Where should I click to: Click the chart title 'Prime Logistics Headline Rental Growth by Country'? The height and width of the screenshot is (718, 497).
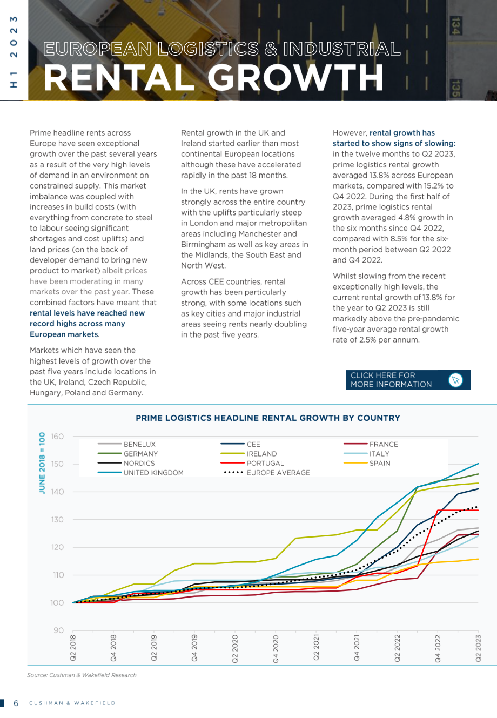tap(268, 418)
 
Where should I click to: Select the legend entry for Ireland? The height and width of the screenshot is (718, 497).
tap(249, 454)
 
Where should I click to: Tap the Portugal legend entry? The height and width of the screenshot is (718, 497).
tap(252, 463)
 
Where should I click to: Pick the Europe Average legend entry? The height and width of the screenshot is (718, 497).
tap(267, 473)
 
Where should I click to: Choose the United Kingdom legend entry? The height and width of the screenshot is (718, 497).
tap(140, 473)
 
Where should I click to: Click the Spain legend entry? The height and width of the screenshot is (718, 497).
tap(367, 463)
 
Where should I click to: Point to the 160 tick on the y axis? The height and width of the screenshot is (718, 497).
tap(57, 436)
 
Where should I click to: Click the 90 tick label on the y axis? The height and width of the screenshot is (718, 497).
tap(59, 630)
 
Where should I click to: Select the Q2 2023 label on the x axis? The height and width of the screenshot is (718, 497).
tap(478, 648)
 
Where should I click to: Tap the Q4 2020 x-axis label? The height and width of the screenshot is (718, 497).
tap(276, 648)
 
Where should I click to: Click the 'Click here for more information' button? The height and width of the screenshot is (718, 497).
tap(408, 380)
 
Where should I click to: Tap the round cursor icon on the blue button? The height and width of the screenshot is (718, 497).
tap(455, 380)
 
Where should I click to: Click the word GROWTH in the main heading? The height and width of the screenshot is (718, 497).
tap(295, 78)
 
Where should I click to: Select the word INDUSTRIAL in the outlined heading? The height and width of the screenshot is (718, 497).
tap(342, 49)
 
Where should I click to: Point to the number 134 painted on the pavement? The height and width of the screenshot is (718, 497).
tap(455, 25)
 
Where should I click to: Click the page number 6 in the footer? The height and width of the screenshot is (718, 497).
tap(16, 703)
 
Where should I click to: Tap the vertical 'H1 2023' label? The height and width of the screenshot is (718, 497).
tap(14, 52)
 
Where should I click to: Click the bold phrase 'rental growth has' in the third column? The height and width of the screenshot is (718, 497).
tap(402, 133)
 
